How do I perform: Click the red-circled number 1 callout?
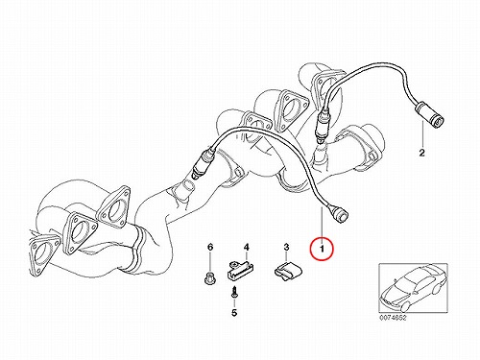pyautogui.click(x=322, y=249)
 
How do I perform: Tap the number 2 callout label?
pyautogui.click(x=422, y=153)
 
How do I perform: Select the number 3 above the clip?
pyautogui.click(x=286, y=247)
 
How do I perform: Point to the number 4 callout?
pyautogui.click(x=246, y=247)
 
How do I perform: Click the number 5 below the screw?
pyautogui.click(x=234, y=313)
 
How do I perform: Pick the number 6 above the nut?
pyautogui.click(x=210, y=247)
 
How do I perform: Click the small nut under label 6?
pyautogui.click(x=209, y=277)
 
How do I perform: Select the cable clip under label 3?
pyautogui.click(x=287, y=270)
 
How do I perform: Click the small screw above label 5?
pyautogui.click(x=235, y=292)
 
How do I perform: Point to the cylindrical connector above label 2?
pyautogui.click(x=429, y=115)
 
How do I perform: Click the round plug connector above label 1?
pyautogui.click(x=339, y=212)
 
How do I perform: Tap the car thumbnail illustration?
pyautogui.click(x=413, y=288)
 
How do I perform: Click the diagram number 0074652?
pyautogui.click(x=393, y=319)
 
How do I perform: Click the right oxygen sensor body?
pyautogui.click(x=321, y=126)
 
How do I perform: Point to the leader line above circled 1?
pyautogui.click(x=322, y=222)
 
